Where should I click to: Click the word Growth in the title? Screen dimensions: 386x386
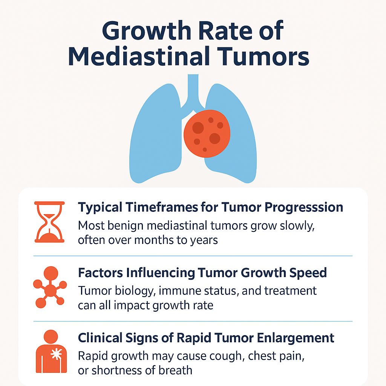coord(147,31)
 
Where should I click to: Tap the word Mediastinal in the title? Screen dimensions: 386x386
coord(139,57)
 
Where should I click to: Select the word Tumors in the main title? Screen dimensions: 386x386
coord(263,57)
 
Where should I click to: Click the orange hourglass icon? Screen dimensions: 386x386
coord(49,222)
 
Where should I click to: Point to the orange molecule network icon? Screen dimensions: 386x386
coord(50,287)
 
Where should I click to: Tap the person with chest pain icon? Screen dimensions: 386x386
coord(51,351)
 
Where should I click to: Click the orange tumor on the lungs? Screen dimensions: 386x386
coord(207,133)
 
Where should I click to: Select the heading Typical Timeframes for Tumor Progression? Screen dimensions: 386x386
coord(210,207)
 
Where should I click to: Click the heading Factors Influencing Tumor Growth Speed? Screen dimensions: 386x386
coord(202,273)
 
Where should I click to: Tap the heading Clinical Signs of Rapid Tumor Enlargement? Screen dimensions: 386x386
coord(206,338)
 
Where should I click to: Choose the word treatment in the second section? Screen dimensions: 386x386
coord(290,291)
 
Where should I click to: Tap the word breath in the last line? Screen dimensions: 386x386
coord(175,370)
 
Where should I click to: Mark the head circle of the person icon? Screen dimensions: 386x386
coord(51,337)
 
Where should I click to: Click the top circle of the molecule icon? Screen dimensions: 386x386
coord(51,273)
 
